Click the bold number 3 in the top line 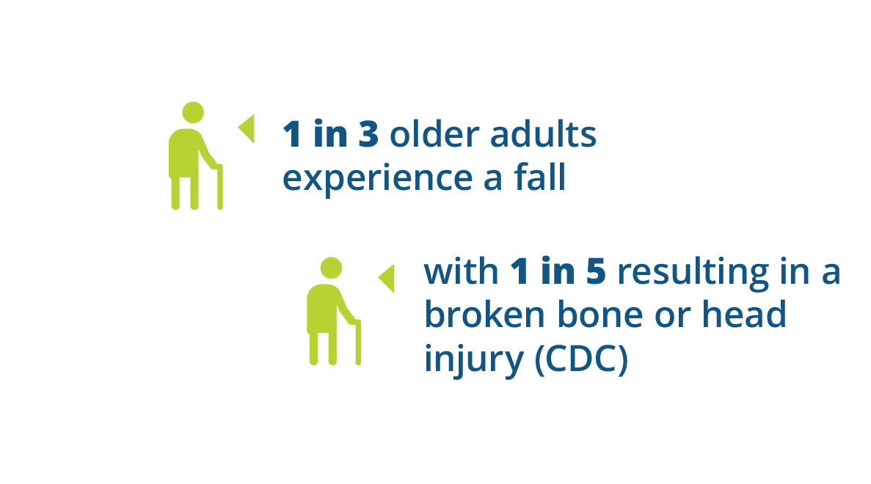[x=369, y=134]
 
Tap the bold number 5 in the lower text [x=595, y=271]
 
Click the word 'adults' [x=543, y=133]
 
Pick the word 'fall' [x=540, y=177]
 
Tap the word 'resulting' [x=693, y=273]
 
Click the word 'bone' [x=600, y=314]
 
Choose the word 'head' [x=744, y=314]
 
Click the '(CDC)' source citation [x=581, y=359]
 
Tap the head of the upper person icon [x=193, y=113]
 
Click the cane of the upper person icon [x=220, y=186]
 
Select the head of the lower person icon [x=331, y=268]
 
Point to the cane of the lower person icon [x=358, y=342]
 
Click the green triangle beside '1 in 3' [x=247, y=129]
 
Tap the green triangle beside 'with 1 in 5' [x=387, y=279]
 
